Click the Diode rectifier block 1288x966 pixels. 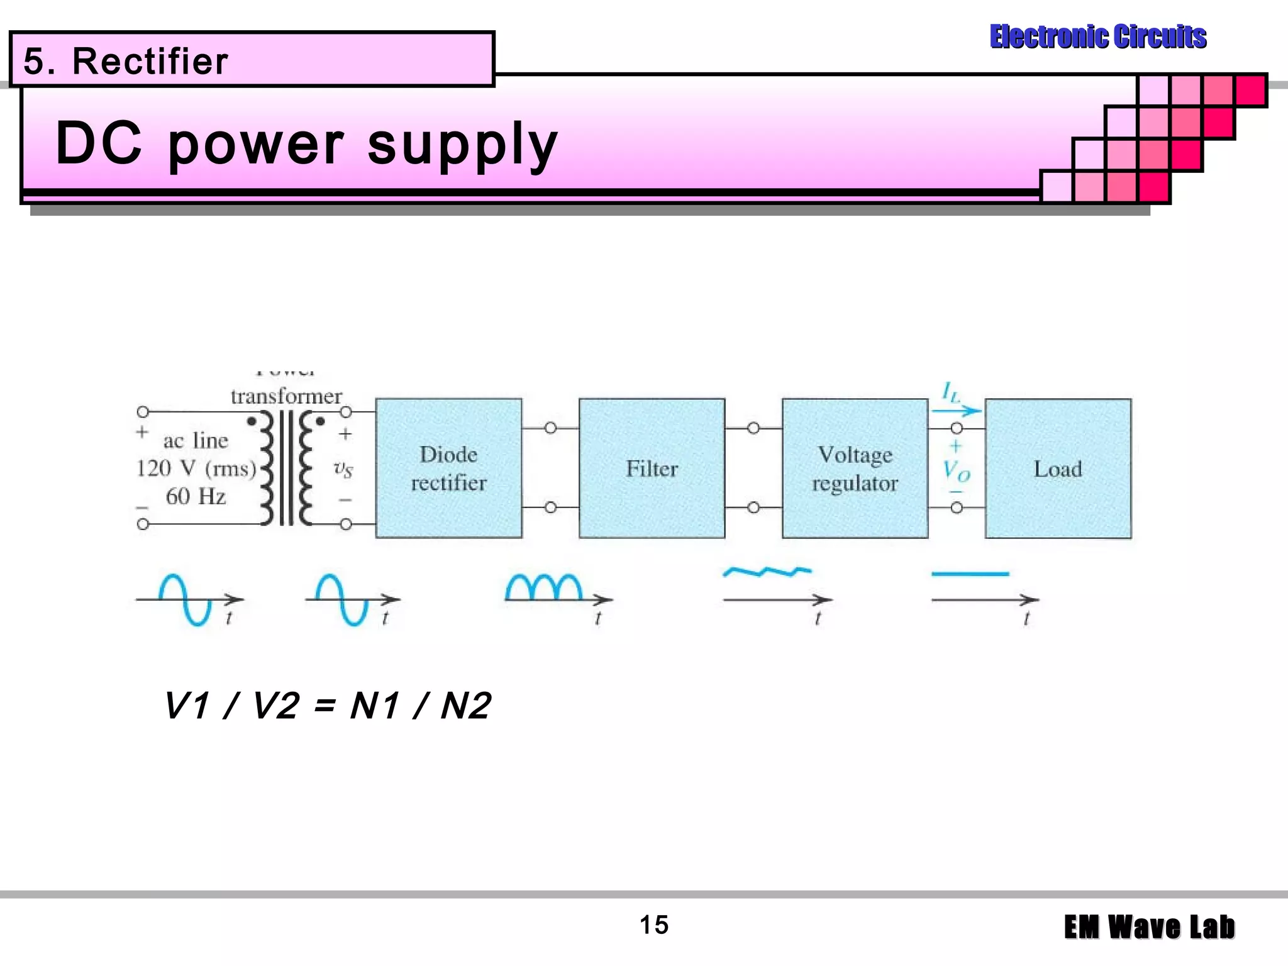(x=448, y=468)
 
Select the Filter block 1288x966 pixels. (x=652, y=468)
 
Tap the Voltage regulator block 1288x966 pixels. (x=855, y=468)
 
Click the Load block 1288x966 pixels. (x=1058, y=468)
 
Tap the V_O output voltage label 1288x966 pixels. (x=956, y=470)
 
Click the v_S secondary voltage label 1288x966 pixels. (x=343, y=469)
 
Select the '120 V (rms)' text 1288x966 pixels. (x=196, y=469)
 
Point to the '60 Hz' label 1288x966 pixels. (x=196, y=496)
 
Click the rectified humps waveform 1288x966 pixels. (x=544, y=587)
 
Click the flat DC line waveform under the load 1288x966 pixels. (x=970, y=574)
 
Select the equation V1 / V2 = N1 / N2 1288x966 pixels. (x=327, y=706)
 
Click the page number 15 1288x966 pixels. (x=653, y=925)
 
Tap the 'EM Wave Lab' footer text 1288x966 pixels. (x=1149, y=927)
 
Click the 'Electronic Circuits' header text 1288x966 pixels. (x=1097, y=36)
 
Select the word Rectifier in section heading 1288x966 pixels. (x=150, y=61)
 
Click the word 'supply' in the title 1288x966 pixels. (x=462, y=145)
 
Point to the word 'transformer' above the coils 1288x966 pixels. (x=286, y=396)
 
